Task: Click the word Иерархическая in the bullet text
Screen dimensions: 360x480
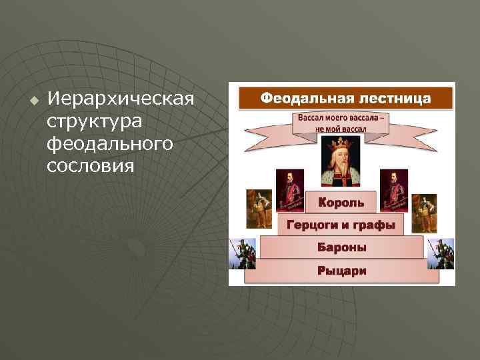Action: click(x=120, y=100)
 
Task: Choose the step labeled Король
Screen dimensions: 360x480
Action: click(x=341, y=201)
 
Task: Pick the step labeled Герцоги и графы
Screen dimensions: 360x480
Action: click(x=341, y=225)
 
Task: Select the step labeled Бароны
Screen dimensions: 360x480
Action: click(x=341, y=247)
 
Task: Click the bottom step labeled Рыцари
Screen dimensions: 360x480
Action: click(x=341, y=271)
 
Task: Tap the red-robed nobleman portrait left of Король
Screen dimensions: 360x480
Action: click(x=290, y=190)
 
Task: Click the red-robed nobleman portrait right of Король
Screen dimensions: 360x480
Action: click(x=393, y=190)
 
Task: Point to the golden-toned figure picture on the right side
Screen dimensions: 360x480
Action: click(x=424, y=213)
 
